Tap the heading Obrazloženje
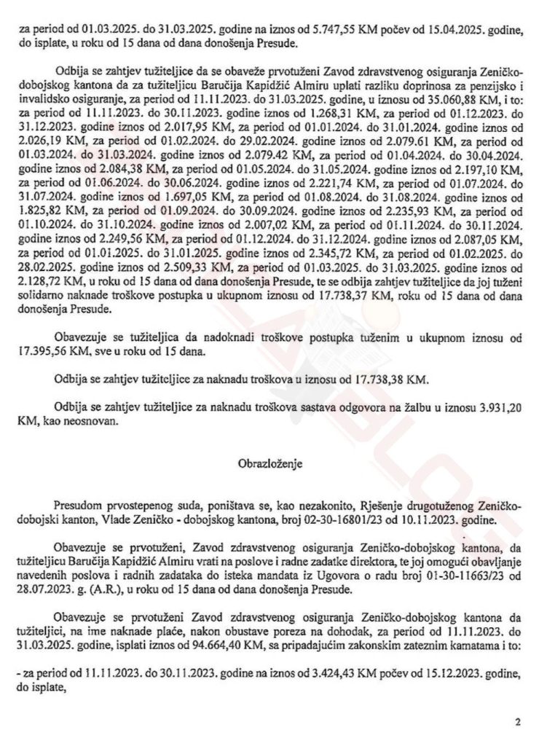(272, 462)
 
